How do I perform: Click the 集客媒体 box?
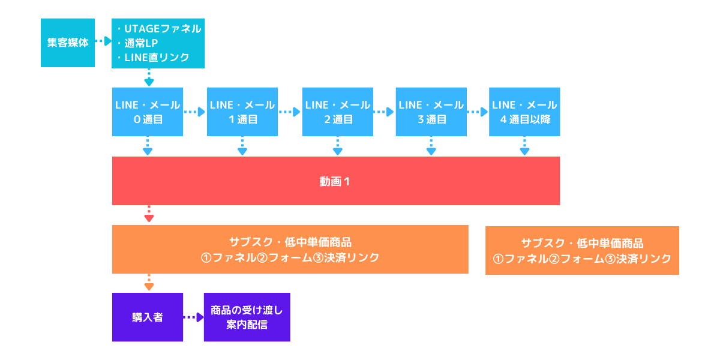[68, 43]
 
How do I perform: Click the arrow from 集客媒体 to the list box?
[103, 41]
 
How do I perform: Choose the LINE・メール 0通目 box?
[148, 112]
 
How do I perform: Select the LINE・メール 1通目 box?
[242, 112]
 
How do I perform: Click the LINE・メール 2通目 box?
[337, 112]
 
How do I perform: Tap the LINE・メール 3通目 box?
[431, 112]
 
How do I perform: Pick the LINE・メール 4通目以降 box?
[524, 112]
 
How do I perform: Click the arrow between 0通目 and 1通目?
[195, 112]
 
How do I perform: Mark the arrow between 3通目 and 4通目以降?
[478, 112]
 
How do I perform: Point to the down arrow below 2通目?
[337, 146]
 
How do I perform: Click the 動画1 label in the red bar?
[335, 182]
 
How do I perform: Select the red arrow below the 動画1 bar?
[149, 214]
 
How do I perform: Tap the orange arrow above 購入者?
[149, 283]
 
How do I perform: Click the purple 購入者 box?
[148, 317]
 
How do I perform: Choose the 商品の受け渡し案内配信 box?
[247, 317]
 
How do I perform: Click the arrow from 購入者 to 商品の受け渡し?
[193, 317]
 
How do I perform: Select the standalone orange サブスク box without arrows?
[582, 250]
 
